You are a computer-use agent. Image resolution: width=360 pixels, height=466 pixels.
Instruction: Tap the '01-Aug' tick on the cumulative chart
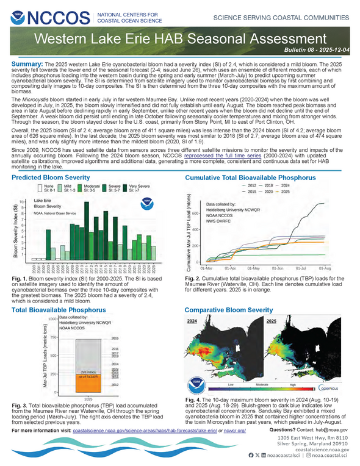(x=325, y=268)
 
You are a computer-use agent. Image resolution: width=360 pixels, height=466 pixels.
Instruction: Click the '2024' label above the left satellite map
(x=192, y=320)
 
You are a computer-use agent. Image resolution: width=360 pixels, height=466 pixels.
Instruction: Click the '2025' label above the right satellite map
(x=271, y=320)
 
